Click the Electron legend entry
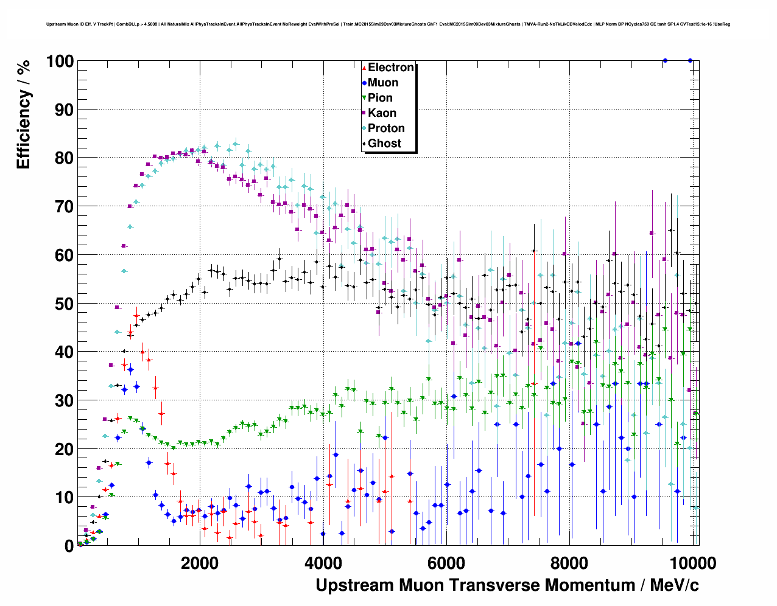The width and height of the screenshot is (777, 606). click(390, 68)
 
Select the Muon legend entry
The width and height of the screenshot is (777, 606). click(382, 83)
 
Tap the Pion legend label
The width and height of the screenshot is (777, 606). click(380, 98)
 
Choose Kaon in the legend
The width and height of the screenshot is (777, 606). click(382, 113)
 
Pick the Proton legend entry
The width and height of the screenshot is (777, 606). click(386, 128)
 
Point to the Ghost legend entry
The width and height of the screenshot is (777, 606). click(384, 144)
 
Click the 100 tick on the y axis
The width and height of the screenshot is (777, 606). click(60, 61)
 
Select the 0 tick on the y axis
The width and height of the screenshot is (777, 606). click(69, 546)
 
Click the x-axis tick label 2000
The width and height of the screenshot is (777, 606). click(199, 563)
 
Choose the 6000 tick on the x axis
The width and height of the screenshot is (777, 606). click(446, 563)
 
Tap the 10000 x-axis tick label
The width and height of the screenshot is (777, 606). click(692, 563)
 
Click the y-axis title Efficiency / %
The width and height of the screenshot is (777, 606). click(23, 114)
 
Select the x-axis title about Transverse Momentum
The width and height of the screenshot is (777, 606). click(507, 585)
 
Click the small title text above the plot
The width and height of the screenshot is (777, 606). click(388, 24)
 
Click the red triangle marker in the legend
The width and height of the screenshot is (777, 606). click(364, 68)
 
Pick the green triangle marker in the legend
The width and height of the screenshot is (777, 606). click(364, 98)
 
